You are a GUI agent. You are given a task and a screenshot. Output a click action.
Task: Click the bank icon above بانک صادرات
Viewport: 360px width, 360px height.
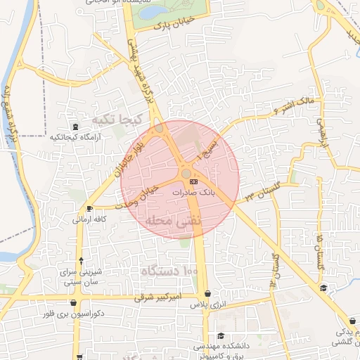coord(194,183)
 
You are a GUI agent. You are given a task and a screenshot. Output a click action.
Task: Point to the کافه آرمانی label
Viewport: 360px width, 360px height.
coord(89,219)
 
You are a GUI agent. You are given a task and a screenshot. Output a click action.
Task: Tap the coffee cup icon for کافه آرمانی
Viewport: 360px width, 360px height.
coord(89,209)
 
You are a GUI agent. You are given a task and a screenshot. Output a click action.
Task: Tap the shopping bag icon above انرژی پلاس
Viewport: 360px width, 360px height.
coord(207,295)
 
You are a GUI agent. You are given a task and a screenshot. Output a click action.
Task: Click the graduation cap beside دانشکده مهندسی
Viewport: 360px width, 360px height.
coord(221,336)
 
